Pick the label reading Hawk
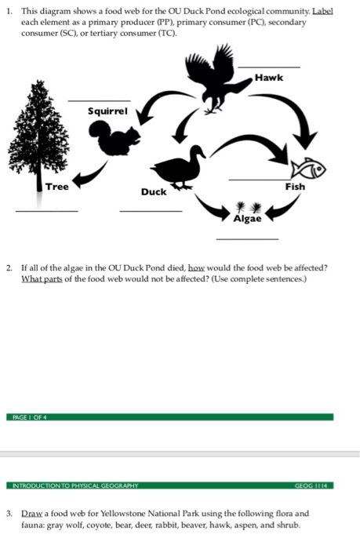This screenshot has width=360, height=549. (269, 78)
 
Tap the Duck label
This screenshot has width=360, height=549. (154, 191)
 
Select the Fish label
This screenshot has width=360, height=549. (295, 187)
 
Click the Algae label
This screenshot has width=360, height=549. (247, 219)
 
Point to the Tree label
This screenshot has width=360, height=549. (56, 187)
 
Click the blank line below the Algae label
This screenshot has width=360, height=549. (248, 238)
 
